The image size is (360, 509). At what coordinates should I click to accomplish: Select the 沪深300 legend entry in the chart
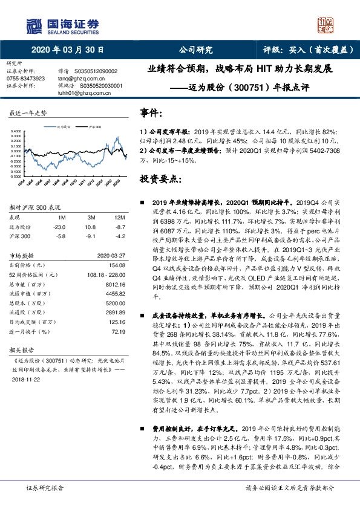click(x=94, y=128)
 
